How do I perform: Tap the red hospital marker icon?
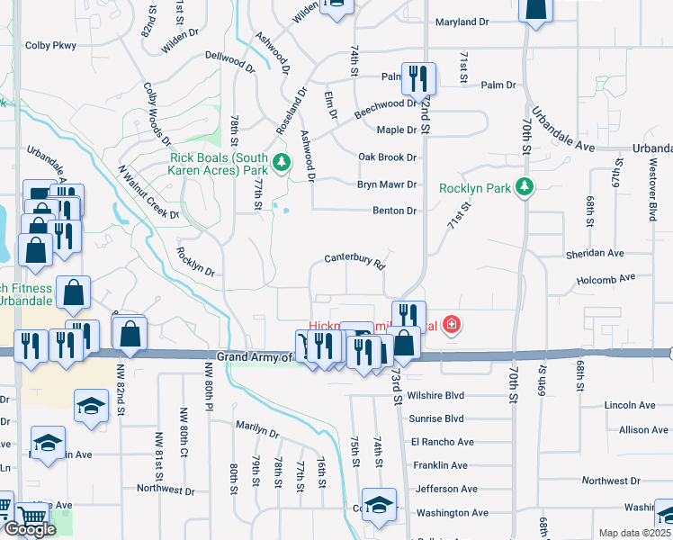click(452, 325)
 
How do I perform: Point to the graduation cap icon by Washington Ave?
click(379, 505)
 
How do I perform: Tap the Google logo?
click(29, 529)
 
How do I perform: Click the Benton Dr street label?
click(395, 211)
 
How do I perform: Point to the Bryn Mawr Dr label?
click(389, 184)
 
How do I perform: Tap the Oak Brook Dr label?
click(389, 157)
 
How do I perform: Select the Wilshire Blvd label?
click(435, 395)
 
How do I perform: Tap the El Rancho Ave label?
click(442, 442)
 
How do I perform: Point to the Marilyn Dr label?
click(258, 428)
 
